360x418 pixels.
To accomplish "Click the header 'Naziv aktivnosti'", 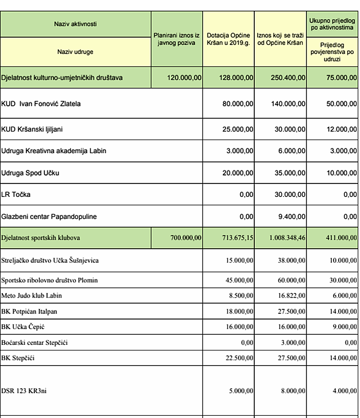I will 75,24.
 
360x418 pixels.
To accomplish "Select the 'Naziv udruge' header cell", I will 75,52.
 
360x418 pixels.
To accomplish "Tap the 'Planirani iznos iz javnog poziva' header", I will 177,38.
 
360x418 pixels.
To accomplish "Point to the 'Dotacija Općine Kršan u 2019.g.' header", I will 228,38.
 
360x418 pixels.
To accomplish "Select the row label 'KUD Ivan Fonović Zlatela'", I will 41,104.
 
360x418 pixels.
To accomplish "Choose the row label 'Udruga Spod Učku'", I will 30,173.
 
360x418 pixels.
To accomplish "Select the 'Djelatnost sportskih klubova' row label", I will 40,238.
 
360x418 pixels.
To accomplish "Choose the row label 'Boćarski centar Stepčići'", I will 34,343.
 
